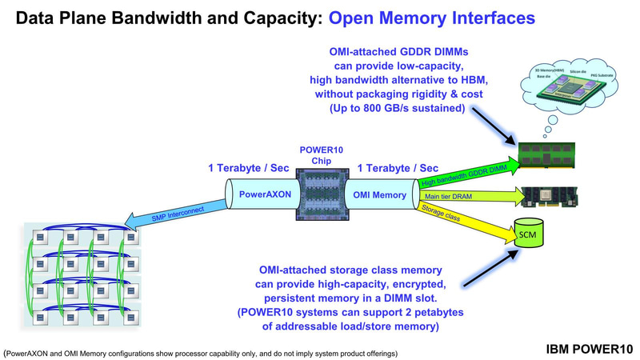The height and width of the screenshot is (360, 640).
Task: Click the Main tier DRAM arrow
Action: click(x=464, y=195)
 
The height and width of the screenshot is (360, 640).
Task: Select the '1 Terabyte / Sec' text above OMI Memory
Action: click(x=398, y=168)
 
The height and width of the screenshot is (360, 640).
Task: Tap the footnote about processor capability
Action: click(x=200, y=352)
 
